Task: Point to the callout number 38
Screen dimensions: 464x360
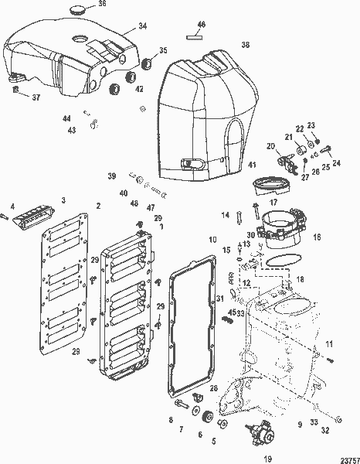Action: [245, 45]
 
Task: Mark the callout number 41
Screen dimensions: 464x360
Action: [252, 165]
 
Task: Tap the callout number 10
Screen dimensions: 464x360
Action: [212, 241]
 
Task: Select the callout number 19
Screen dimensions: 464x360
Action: [267, 458]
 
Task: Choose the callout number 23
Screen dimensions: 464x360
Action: [311, 125]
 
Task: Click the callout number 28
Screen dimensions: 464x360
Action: [213, 388]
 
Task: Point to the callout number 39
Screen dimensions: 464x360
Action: [111, 176]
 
